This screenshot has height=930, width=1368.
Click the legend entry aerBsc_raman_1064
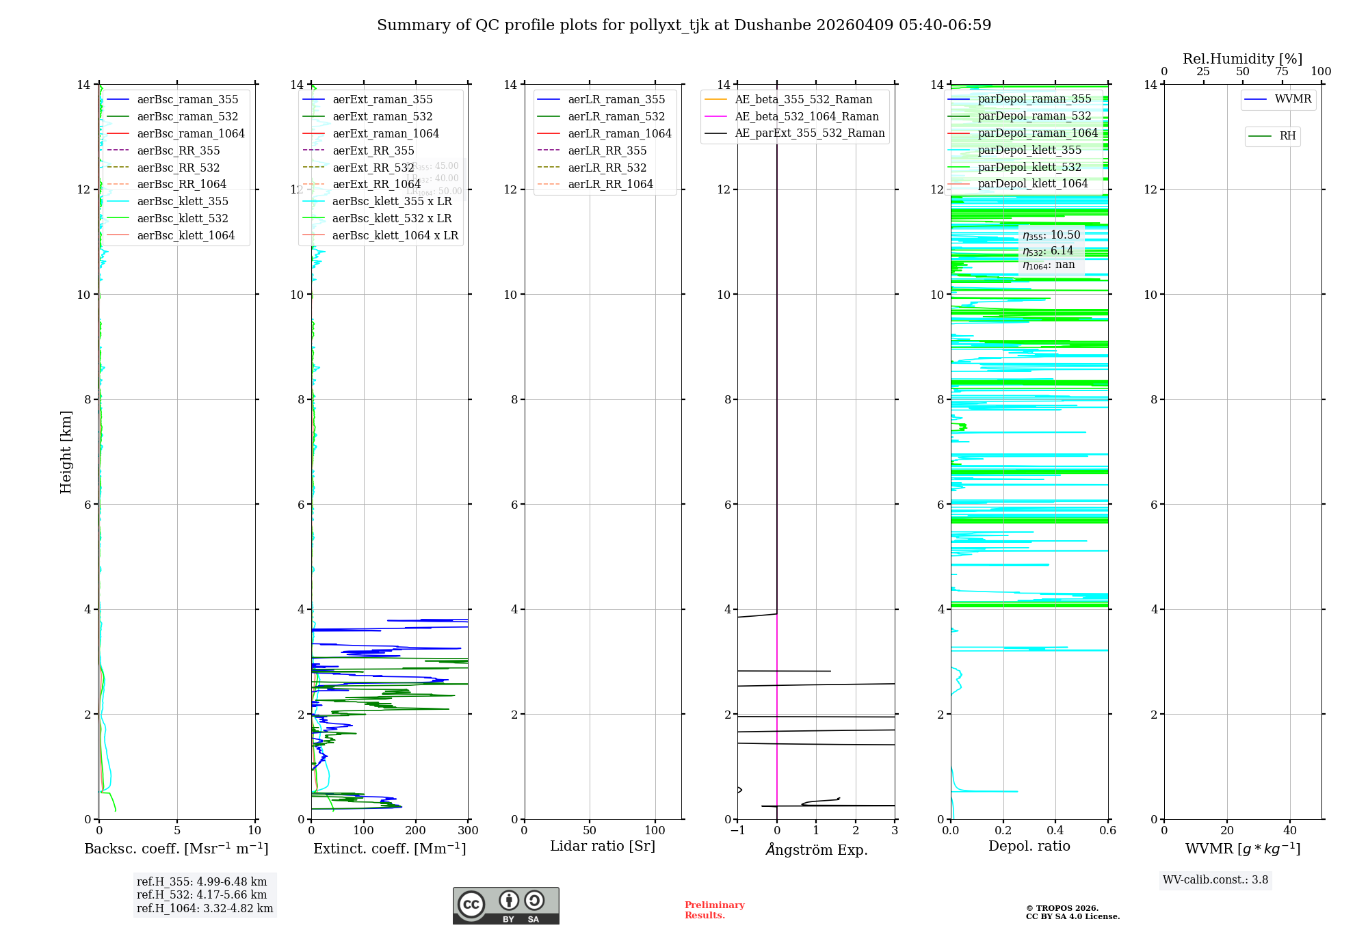click(191, 133)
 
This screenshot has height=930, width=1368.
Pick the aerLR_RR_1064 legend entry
click(610, 184)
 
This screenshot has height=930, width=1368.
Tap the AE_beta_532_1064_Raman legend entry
click(806, 116)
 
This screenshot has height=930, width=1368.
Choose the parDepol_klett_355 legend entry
click(1029, 150)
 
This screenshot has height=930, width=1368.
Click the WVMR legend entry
click(1293, 99)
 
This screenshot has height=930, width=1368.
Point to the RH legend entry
click(1287, 136)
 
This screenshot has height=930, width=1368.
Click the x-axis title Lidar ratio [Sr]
click(603, 847)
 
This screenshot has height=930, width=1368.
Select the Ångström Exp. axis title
click(817, 850)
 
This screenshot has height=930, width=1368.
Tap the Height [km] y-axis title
click(66, 452)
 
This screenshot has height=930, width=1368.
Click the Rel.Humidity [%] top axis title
click(1242, 59)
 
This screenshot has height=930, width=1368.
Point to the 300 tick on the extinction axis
click(469, 831)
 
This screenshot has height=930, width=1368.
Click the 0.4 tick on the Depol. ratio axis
click(1055, 831)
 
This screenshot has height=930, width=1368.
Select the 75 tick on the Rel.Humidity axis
click(1282, 72)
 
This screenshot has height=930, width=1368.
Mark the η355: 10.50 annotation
click(1051, 235)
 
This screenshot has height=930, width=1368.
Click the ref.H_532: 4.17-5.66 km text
click(202, 894)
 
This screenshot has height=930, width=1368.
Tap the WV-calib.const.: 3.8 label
click(1215, 880)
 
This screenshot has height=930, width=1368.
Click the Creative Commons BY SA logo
click(505, 905)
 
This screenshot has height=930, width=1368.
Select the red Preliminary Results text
click(714, 910)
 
